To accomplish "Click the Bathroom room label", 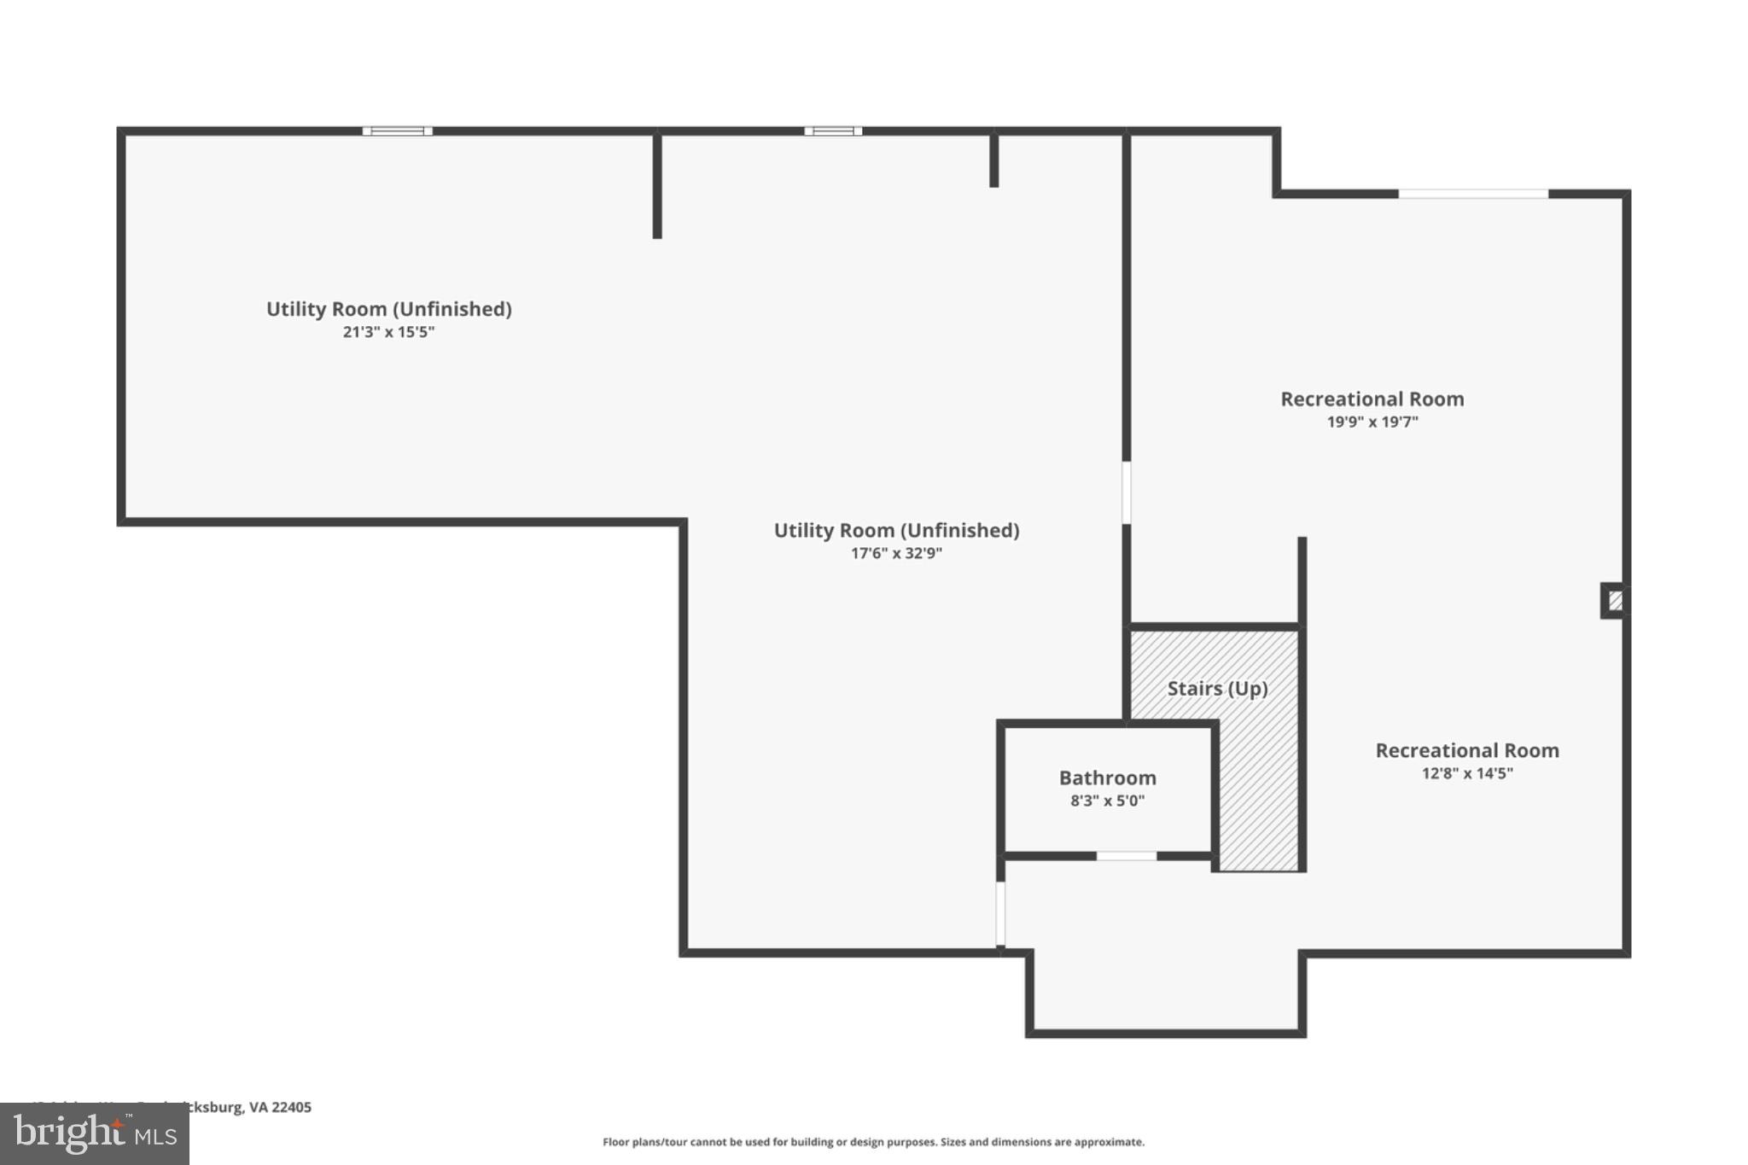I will pyautogui.click(x=1107, y=778).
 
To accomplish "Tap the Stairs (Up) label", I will pyautogui.click(x=1217, y=688).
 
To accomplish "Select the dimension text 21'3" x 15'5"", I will pyautogui.click(x=388, y=332).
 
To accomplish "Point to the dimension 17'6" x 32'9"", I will pyautogui.click(x=896, y=553).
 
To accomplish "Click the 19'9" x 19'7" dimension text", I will pyautogui.click(x=1372, y=422).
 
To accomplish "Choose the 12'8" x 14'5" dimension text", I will pyautogui.click(x=1466, y=773).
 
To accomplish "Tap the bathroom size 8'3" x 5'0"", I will pyautogui.click(x=1107, y=801).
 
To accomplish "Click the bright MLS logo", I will pyautogui.click(x=95, y=1133).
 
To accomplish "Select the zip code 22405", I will pyautogui.click(x=291, y=1107).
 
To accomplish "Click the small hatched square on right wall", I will pyautogui.click(x=1615, y=601).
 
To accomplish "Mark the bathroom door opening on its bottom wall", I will pyautogui.click(x=1127, y=855).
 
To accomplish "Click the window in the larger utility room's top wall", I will pyautogui.click(x=833, y=131).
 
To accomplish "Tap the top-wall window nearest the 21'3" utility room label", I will pyautogui.click(x=398, y=131).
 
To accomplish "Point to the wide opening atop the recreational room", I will pyautogui.click(x=1473, y=195).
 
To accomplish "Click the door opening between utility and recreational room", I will pyautogui.click(x=1126, y=492).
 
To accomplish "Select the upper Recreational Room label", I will pyautogui.click(x=1372, y=399).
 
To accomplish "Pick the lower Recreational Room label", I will pyautogui.click(x=1466, y=750).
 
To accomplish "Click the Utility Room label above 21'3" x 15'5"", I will pyautogui.click(x=388, y=309).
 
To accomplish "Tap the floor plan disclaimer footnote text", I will pyautogui.click(x=873, y=1142).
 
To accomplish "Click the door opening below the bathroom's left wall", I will pyautogui.click(x=1000, y=913).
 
